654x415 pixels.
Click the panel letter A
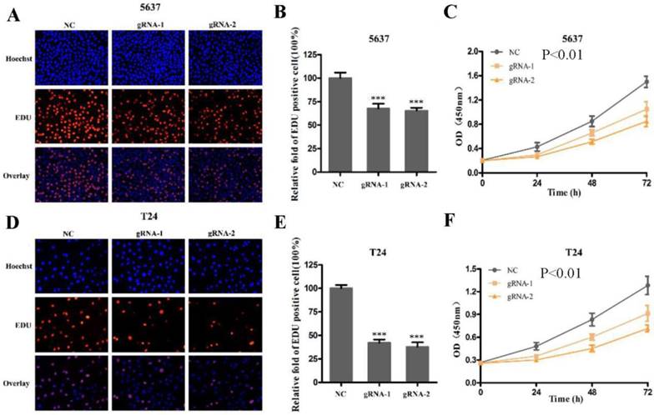[13, 15]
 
